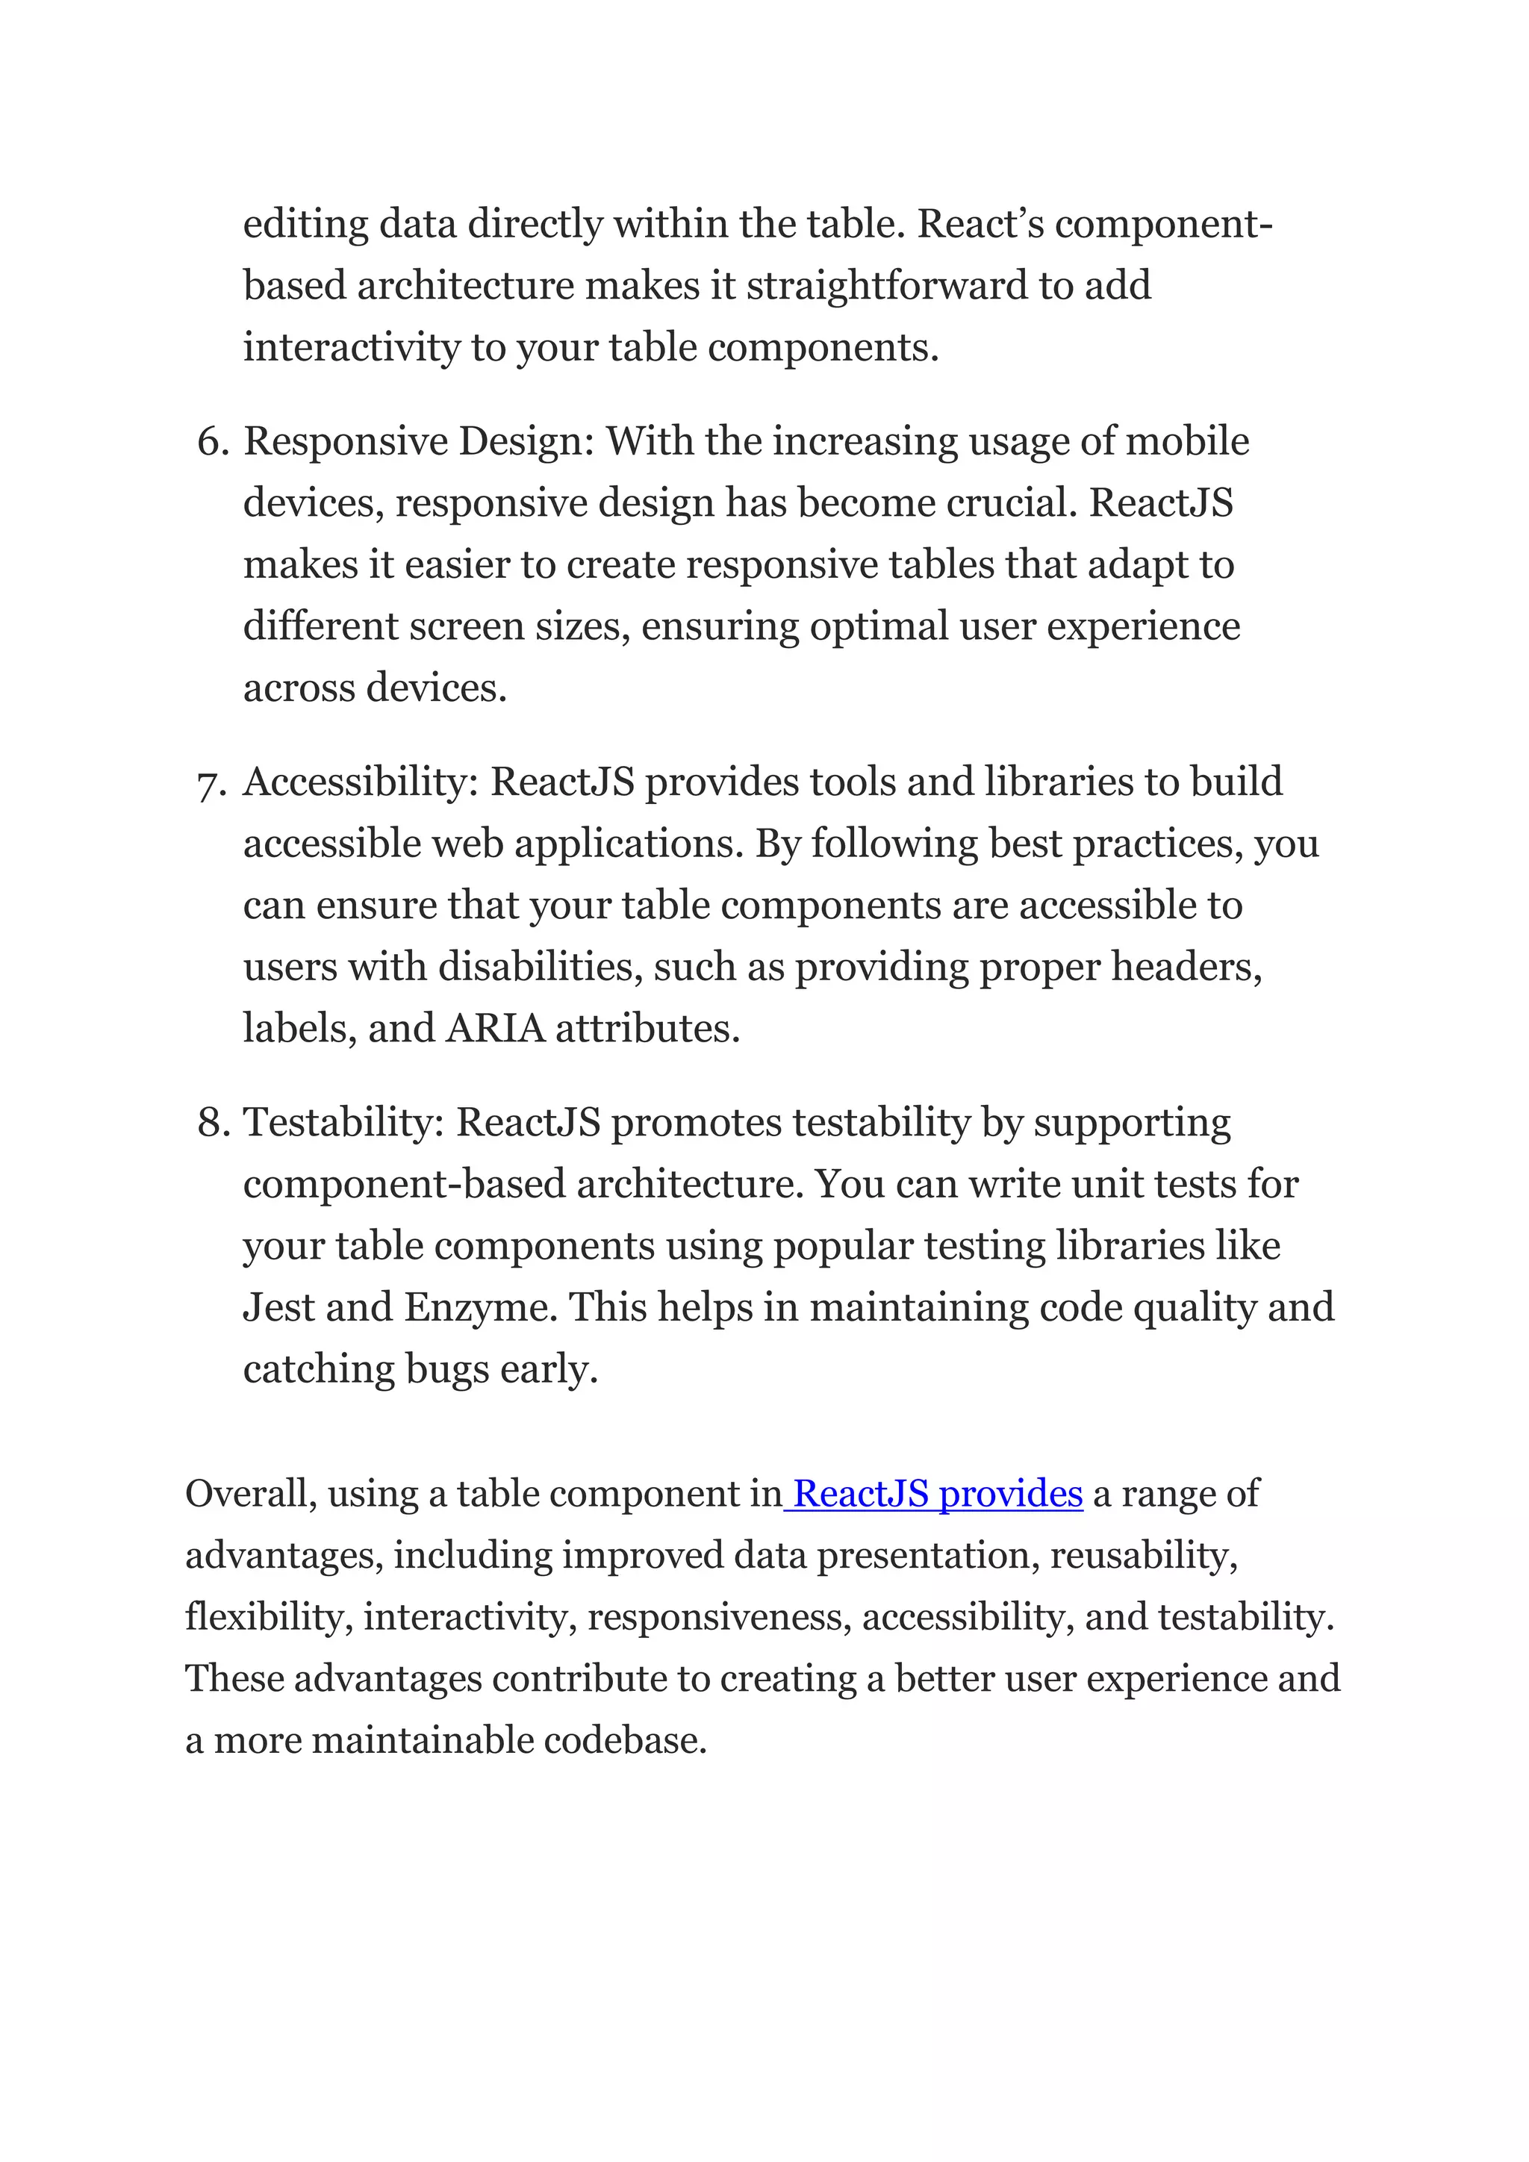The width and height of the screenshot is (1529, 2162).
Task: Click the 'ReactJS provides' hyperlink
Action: pos(938,1495)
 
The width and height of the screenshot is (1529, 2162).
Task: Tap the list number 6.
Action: pos(213,442)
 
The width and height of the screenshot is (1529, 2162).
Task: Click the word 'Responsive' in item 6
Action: pos(345,442)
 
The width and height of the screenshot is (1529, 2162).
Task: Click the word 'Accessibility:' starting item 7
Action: pos(361,782)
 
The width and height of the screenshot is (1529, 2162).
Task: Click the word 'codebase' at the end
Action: pos(623,1740)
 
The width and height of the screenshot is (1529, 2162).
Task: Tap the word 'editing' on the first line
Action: pos(305,225)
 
